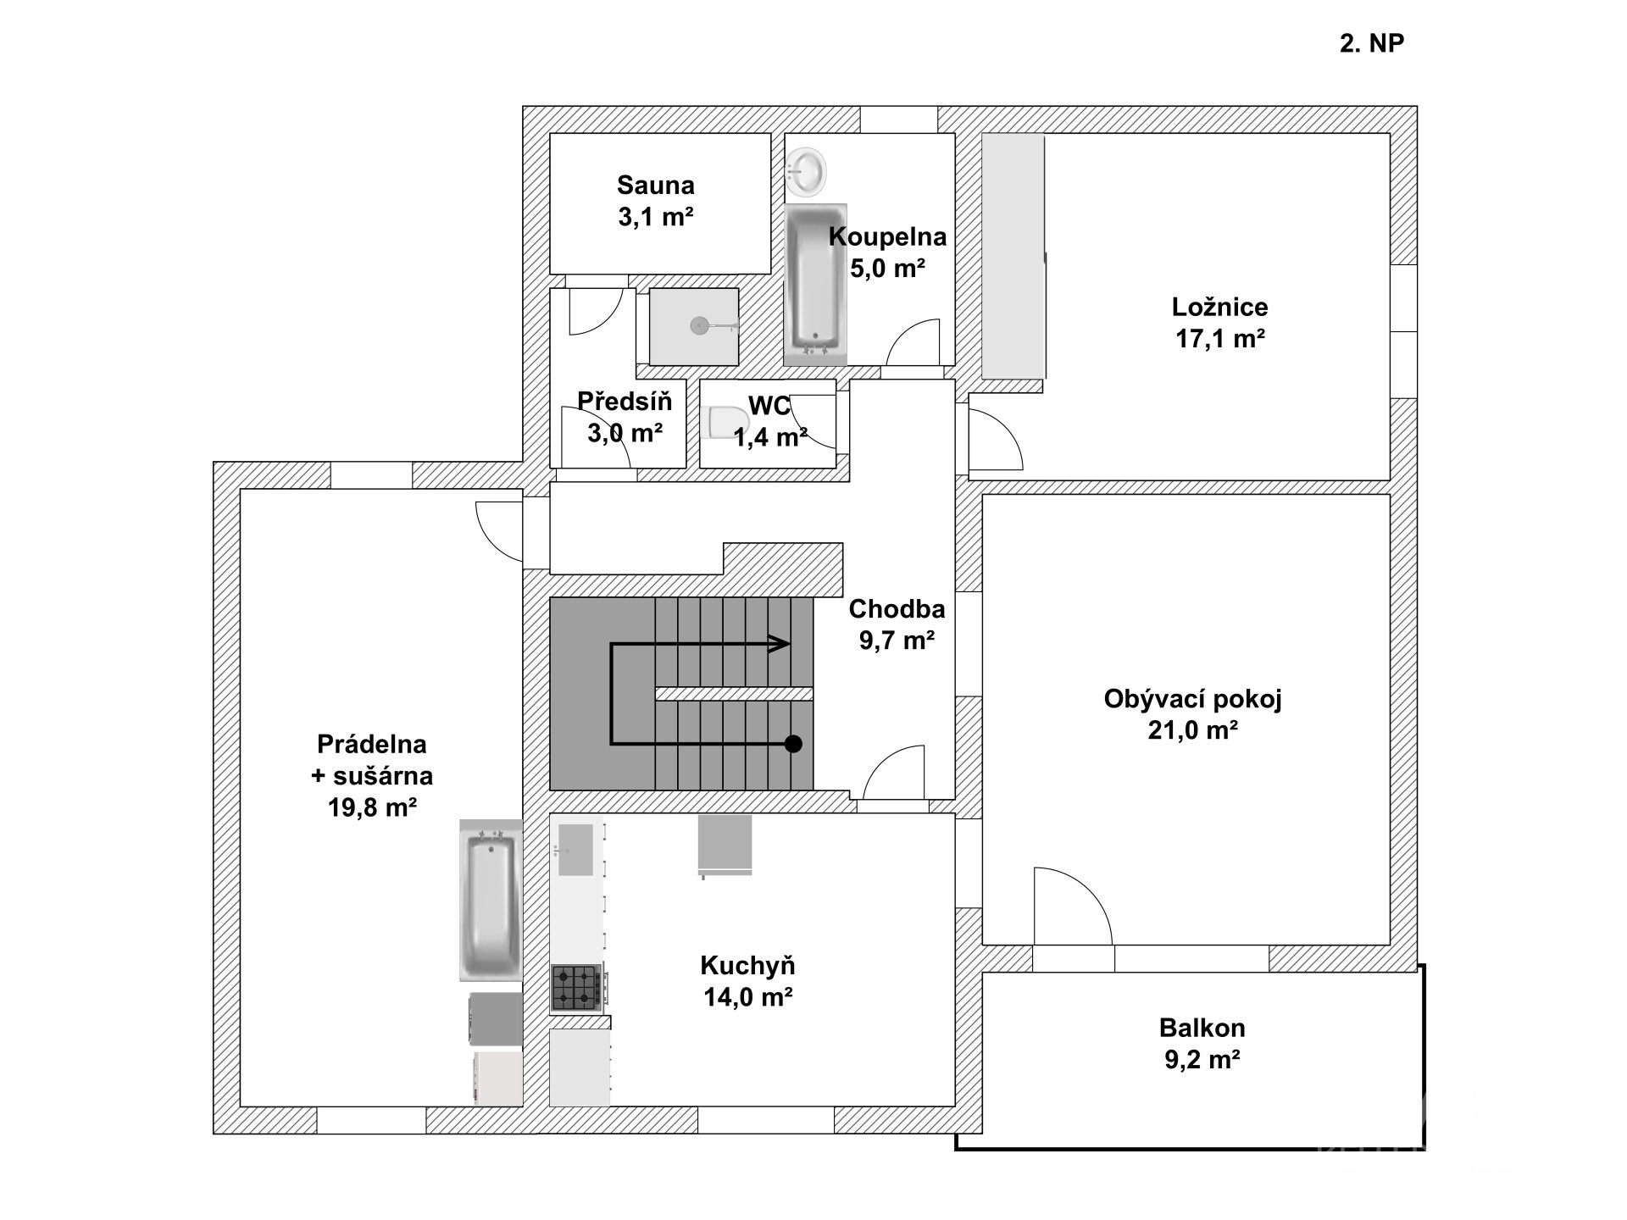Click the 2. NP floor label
(x=1372, y=43)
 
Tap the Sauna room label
(x=656, y=185)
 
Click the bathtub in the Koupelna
(x=815, y=285)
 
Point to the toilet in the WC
(x=726, y=424)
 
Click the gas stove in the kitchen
(x=578, y=988)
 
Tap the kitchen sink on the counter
(x=576, y=849)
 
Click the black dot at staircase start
(x=793, y=744)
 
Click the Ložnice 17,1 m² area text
(x=1220, y=339)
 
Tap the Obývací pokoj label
(x=1193, y=699)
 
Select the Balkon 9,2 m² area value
(x=1202, y=1060)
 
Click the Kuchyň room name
(x=747, y=965)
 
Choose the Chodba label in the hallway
(x=897, y=608)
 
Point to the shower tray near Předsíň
(x=694, y=327)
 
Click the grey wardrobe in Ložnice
(x=1013, y=256)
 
